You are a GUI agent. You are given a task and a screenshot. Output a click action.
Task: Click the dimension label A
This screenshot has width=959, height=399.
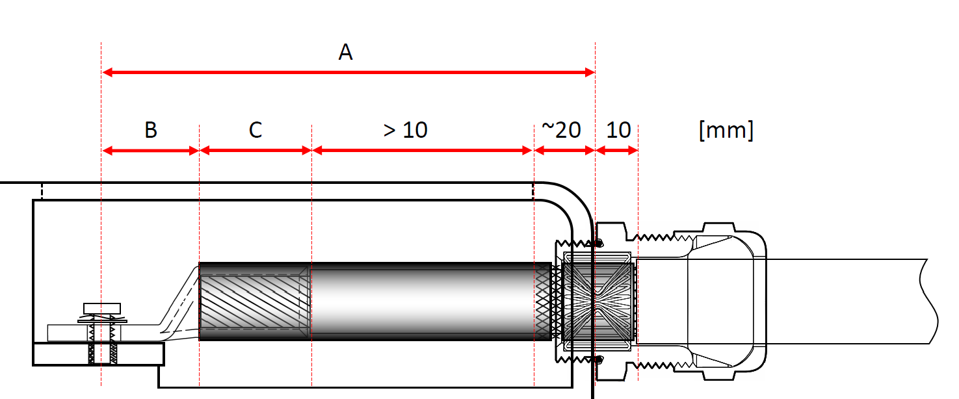[x=345, y=52]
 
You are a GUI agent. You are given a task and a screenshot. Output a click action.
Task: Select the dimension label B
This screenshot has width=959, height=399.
[x=150, y=130]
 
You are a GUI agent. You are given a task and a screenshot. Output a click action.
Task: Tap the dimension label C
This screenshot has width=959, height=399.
[x=255, y=130]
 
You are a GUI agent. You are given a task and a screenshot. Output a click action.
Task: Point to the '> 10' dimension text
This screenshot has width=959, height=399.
[x=405, y=130]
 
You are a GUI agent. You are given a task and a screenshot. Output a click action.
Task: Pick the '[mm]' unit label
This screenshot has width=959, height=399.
[x=726, y=130]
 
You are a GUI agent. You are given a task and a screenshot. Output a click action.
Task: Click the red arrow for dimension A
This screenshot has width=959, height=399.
[x=348, y=72]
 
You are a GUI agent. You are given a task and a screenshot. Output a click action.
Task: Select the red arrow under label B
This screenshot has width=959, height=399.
[x=150, y=151]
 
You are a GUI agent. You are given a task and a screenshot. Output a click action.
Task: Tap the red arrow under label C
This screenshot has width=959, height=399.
[x=256, y=151]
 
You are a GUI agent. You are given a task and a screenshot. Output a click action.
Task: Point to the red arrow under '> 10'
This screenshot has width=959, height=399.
[x=423, y=151]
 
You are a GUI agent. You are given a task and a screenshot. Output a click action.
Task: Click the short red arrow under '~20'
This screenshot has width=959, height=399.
[x=564, y=151]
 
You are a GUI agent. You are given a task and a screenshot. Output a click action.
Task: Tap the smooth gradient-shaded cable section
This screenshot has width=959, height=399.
[x=423, y=302]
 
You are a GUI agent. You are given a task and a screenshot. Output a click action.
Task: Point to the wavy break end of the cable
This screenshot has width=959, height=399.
[x=931, y=302]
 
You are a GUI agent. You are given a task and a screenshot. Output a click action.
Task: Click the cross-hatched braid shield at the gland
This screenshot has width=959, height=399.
[x=544, y=302]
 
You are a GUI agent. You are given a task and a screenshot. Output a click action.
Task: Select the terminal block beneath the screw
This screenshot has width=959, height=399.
[x=98, y=355]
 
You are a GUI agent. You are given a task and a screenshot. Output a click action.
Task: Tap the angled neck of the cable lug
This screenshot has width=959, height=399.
[x=179, y=305]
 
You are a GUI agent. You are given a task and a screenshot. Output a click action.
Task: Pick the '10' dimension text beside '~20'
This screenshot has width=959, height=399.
[x=618, y=130]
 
